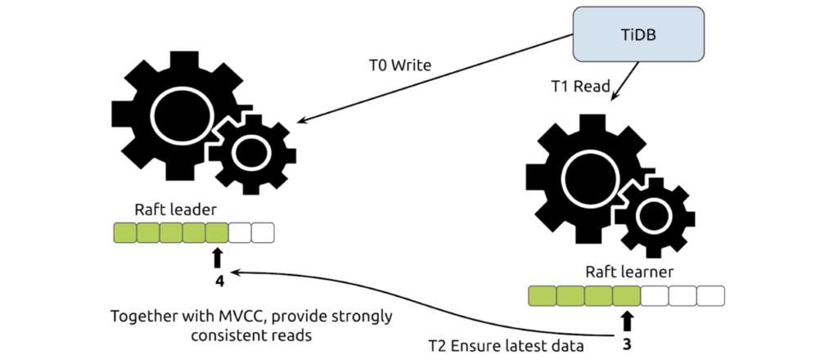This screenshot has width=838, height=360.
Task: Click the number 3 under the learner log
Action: (x=627, y=344)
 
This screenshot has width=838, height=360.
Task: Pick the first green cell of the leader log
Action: (x=124, y=233)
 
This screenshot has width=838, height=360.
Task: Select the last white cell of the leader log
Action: (x=263, y=233)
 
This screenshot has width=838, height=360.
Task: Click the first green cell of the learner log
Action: (x=542, y=295)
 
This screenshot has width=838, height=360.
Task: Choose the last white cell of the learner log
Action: (x=711, y=295)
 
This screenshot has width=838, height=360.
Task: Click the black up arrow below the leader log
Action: (x=217, y=259)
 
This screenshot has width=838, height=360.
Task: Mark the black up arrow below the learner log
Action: (x=627, y=320)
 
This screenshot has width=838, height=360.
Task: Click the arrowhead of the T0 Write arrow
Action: (x=300, y=121)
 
